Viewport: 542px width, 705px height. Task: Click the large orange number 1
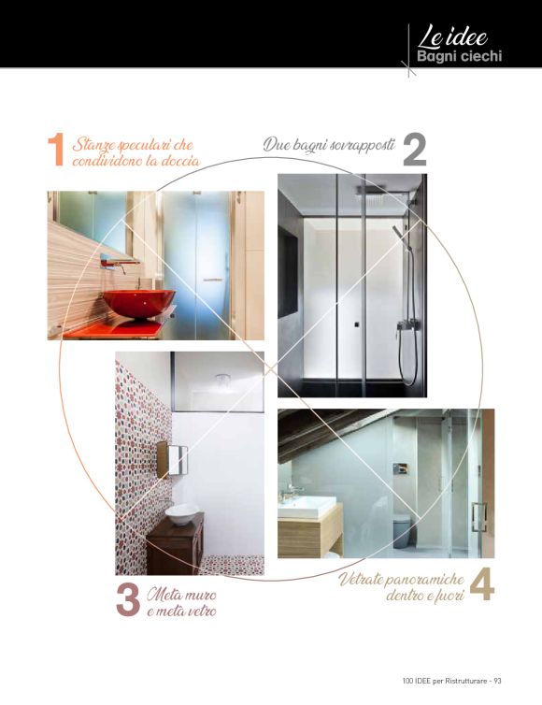tap(56, 150)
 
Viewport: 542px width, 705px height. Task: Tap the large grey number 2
tap(414, 151)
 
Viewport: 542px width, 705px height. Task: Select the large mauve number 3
tap(128, 599)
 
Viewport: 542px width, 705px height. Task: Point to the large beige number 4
tap(482, 584)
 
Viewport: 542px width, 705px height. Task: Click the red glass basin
tap(138, 303)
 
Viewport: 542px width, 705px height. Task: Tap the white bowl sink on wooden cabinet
tap(181, 514)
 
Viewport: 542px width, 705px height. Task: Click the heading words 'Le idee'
tap(452, 37)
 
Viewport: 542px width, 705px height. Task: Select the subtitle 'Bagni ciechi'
tap(460, 56)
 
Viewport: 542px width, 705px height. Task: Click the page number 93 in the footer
tap(497, 681)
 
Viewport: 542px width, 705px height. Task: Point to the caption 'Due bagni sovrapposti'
tap(330, 145)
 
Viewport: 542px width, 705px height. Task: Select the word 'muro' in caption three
tap(200, 595)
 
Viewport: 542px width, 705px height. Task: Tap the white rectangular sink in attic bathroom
tap(307, 506)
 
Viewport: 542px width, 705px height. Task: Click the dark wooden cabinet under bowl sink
tap(176, 545)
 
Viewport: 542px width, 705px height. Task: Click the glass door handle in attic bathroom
tap(478, 517)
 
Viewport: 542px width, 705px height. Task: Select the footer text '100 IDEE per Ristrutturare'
tap(445, 681)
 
